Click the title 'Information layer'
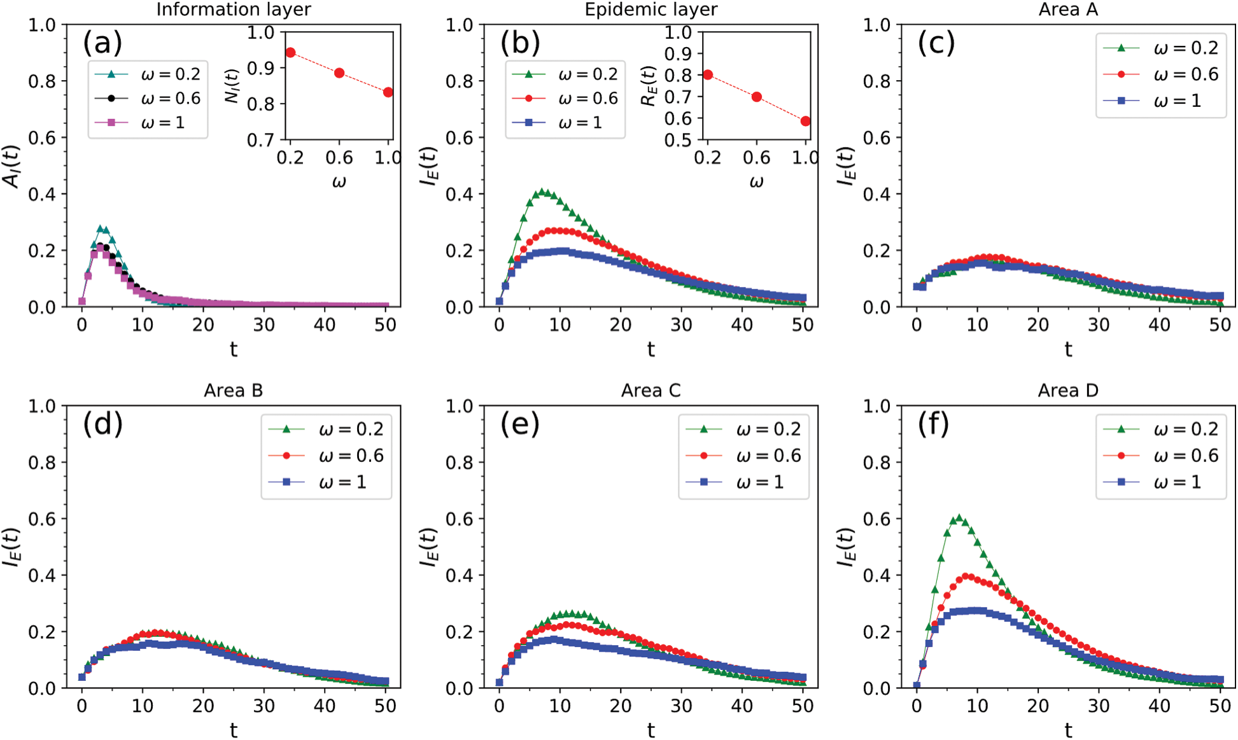[234, 10]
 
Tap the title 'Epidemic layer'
[651, 10]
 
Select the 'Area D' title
[1068, 390]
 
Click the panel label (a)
[102, 43]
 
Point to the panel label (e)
[520, 424]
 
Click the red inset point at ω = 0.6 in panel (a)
[339, 73]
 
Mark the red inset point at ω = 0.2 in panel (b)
[708, 75]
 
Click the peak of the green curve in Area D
[959, 519]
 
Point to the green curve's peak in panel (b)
[542, 192]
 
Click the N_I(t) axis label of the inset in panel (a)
[233, 85]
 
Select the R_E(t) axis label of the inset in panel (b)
[649, 85]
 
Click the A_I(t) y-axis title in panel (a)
[12, 166]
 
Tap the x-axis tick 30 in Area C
[681, 706]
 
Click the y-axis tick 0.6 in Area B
[42, 519]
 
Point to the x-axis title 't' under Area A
[1068, 349]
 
